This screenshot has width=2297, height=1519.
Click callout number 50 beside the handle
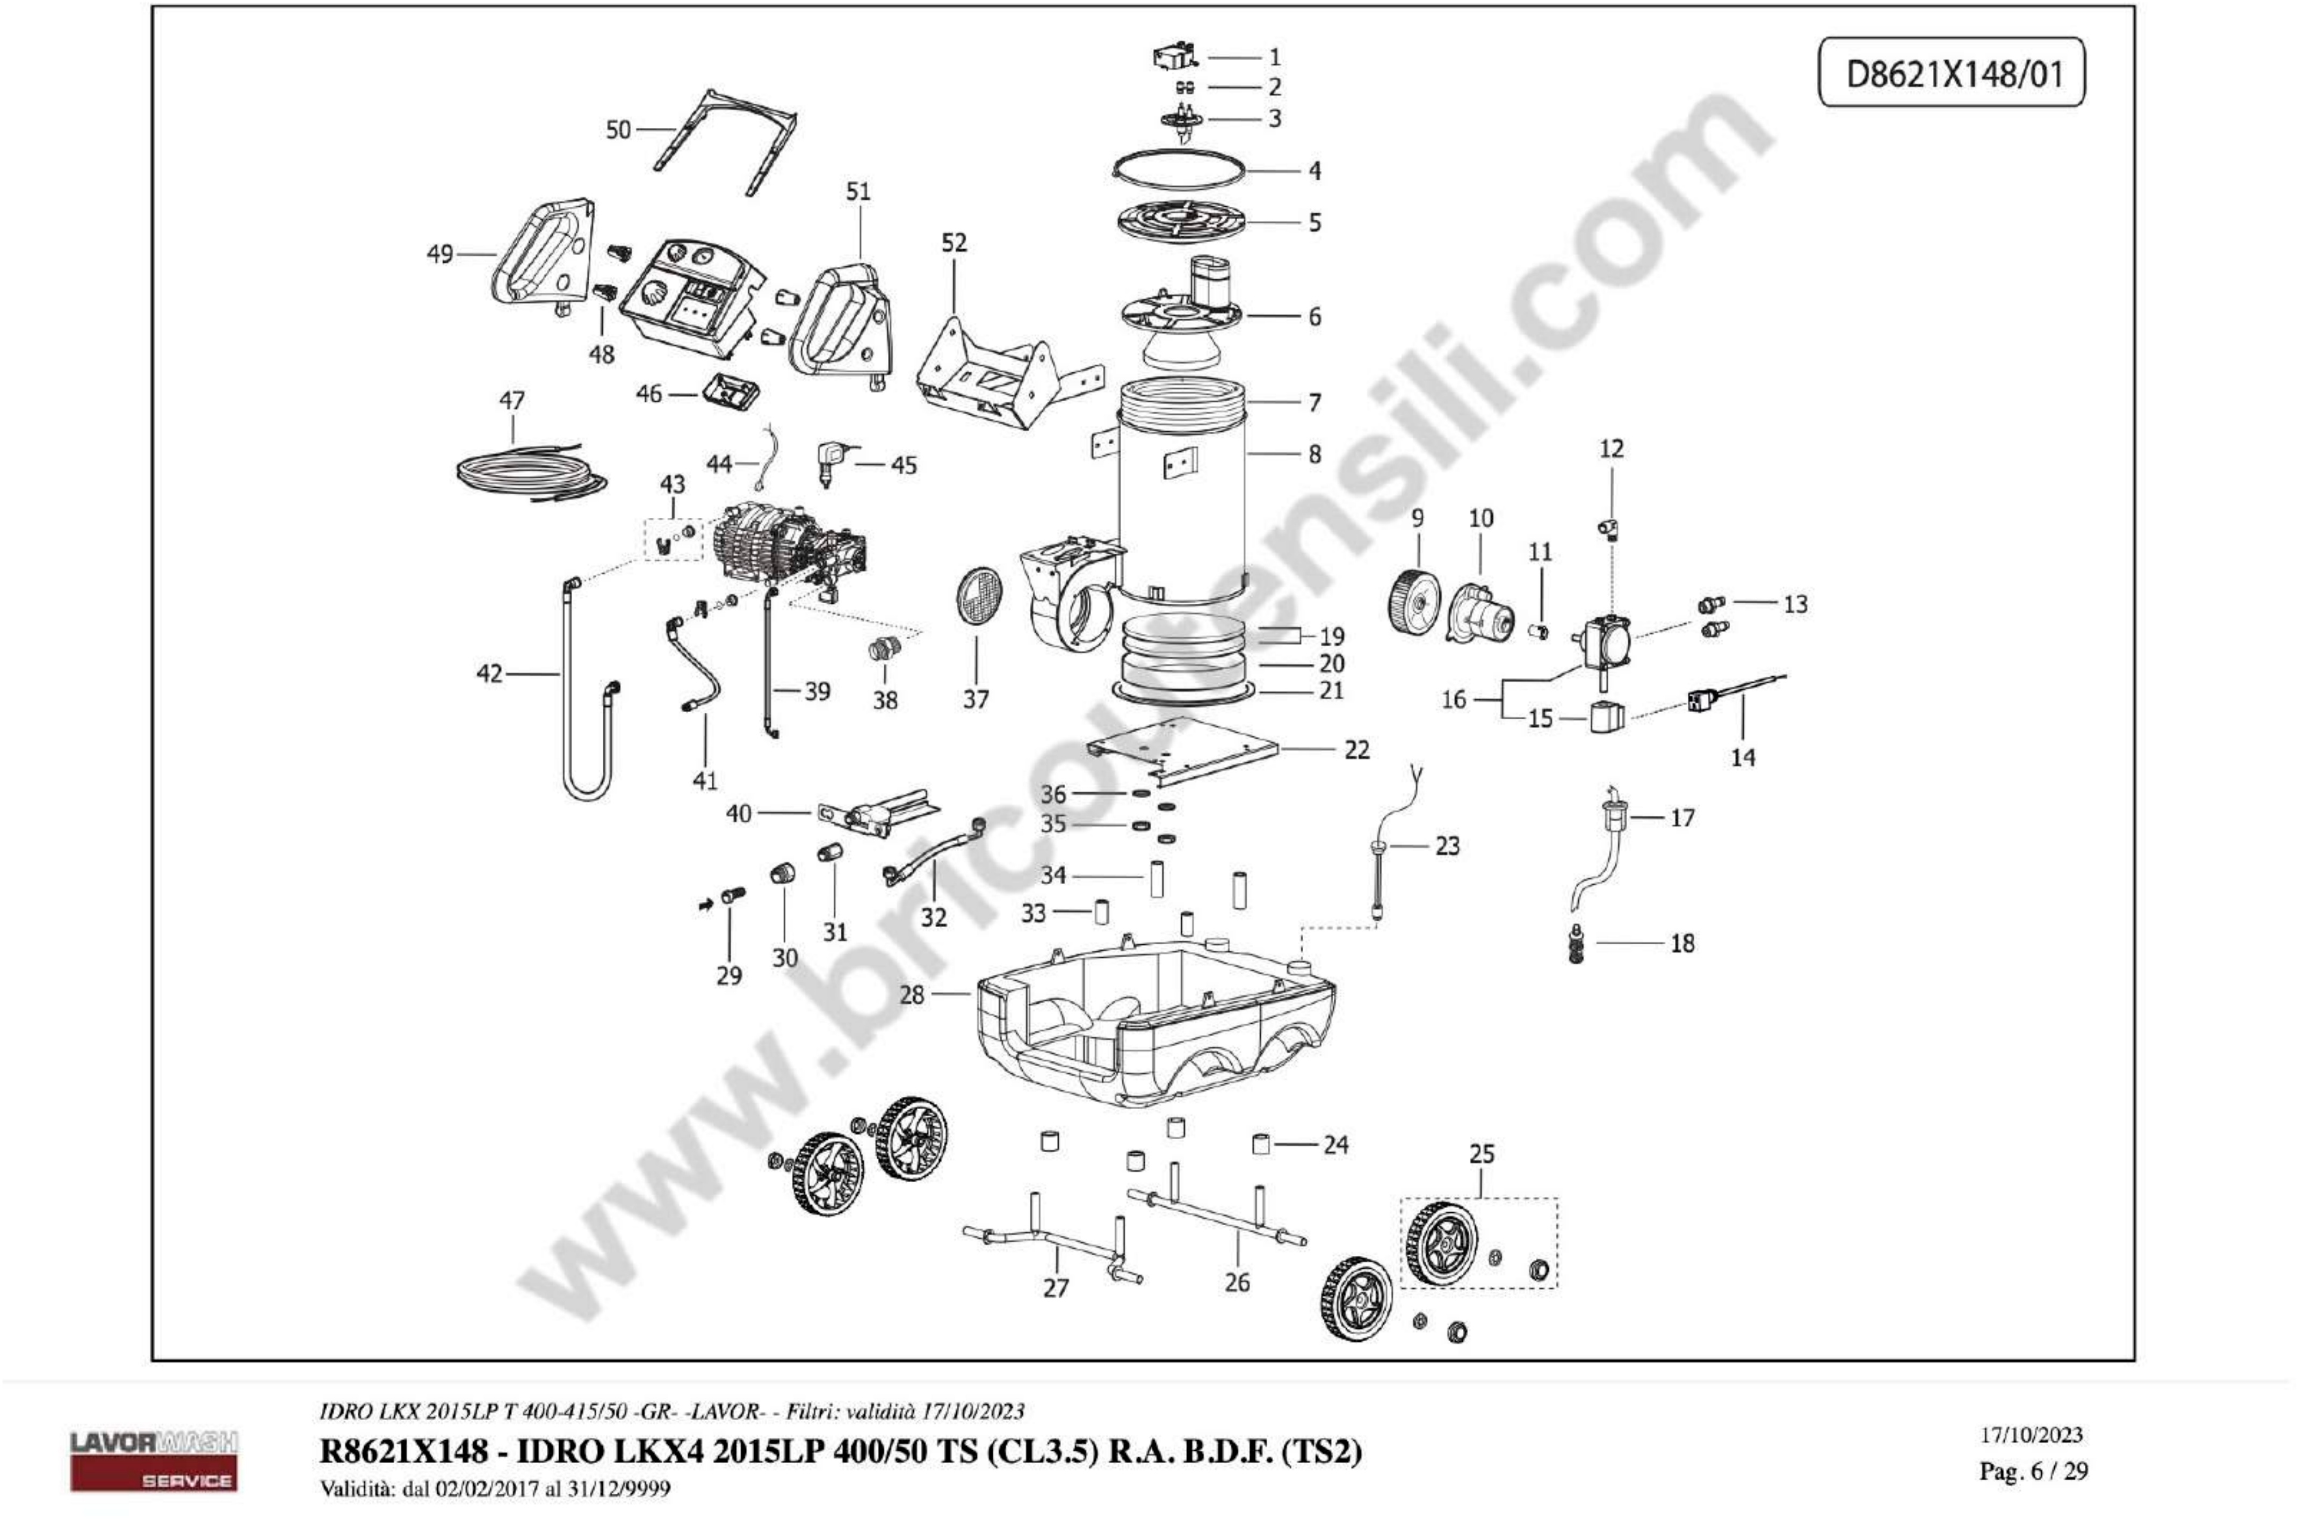point(617,130)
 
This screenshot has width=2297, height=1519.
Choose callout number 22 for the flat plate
point(1356,750)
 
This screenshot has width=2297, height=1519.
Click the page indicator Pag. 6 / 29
point(2033,1471)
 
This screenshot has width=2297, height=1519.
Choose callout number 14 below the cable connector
point(1742,757)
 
